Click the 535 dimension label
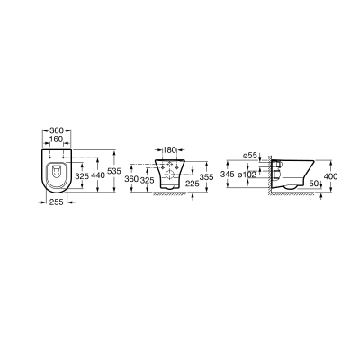114,171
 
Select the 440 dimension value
99,175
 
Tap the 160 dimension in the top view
57,139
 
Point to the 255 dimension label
57,202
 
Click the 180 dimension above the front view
169,149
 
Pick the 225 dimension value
193,184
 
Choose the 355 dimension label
207,177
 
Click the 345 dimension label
227,174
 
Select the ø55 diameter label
250,156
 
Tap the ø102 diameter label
247,175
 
